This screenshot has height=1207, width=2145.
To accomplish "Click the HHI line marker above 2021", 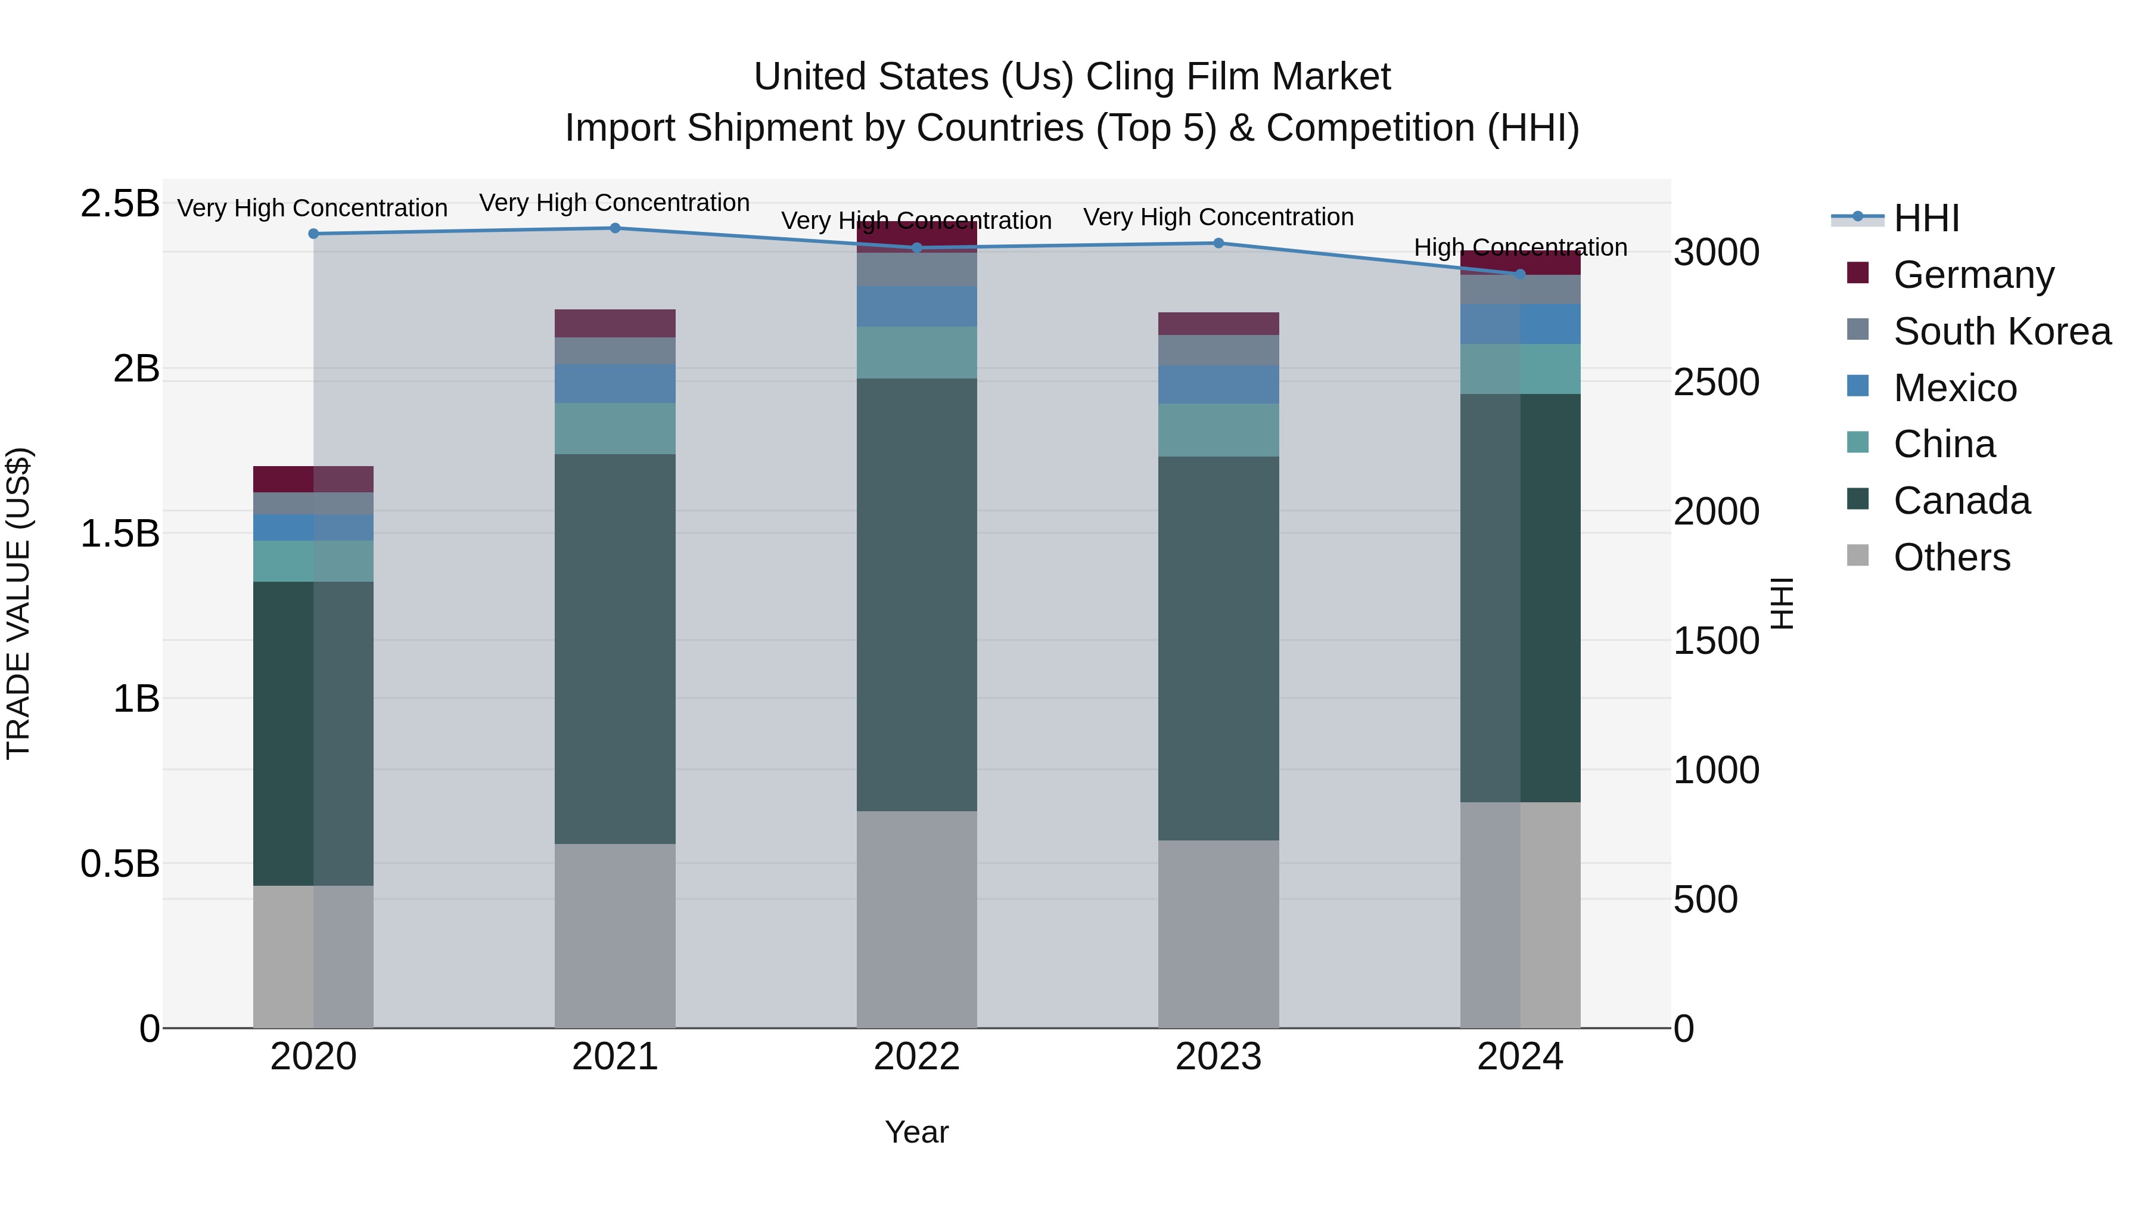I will pos(614,228).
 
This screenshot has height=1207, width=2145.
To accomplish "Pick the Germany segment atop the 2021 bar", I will pos(614,323).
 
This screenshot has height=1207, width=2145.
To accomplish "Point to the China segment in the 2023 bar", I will pos(1218,430).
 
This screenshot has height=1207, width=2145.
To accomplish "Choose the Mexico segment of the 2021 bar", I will pos(614,383).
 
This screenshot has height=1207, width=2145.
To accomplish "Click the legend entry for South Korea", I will pos(2002,331).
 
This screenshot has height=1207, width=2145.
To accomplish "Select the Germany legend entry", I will pos(1973,275).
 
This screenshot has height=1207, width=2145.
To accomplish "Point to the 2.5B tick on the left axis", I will pos(120,203).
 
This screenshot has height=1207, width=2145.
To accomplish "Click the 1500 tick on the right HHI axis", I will pos(1716,641).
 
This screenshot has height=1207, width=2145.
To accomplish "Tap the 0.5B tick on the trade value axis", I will pos(120,864).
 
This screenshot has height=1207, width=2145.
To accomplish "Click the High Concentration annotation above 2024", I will pos(1519,247).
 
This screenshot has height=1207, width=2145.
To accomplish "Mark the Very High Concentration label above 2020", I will pos(312,207).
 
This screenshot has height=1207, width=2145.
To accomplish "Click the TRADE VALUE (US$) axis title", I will pos(18,603).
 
